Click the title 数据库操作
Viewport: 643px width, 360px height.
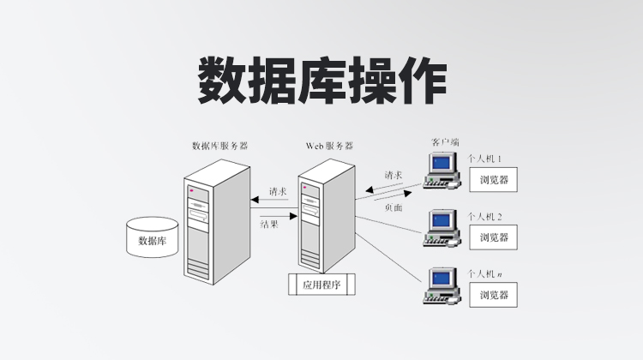pos(321,82)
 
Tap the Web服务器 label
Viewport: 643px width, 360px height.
pos(329,147)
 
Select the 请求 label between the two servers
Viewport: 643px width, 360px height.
pos(277,191)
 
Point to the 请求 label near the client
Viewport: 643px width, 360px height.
pos(394,175)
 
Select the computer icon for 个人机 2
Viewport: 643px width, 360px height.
pos(442,227)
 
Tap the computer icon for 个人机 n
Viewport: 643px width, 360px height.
pos(442,286)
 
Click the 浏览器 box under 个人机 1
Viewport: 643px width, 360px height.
pos(495,181)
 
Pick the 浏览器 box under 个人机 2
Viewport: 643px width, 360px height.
pos(495,237)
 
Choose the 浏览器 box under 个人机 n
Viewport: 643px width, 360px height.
pos(495,295)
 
